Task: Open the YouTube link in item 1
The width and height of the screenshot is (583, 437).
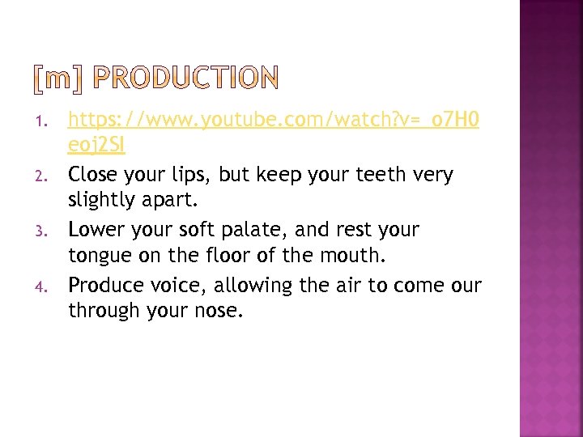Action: [273, 121]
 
